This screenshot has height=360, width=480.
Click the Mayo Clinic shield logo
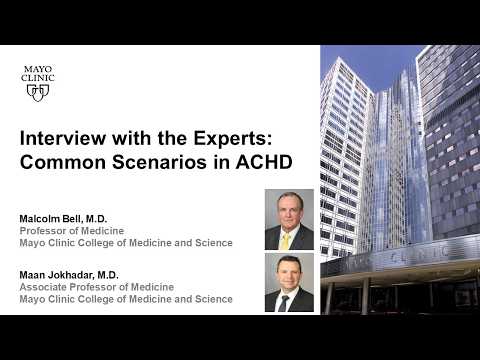[x=38, y=93]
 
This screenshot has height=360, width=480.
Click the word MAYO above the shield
[x=38, y=69]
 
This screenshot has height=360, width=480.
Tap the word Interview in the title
[x=63, y=138]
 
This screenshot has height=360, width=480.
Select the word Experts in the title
[x=232, y=139]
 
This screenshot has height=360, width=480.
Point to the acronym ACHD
[x=264, y=162]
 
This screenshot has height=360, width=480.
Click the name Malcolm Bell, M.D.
[x=63, y=219]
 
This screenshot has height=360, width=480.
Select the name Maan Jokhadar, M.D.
[x=69, y=275]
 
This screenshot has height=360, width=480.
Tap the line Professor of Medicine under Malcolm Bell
[x=72, y=231]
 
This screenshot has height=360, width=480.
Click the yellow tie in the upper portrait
[x=285, y=241]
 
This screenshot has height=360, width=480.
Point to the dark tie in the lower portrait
[x=283, y=303]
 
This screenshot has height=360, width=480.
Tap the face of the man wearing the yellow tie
[x=289, y=211]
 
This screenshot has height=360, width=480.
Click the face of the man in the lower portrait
[x=289, y=272]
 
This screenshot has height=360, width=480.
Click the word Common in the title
[x=63, y=162]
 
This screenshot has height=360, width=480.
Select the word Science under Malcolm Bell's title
[x=214, y=243]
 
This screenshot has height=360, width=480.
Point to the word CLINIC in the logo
[x=38, y=78]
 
